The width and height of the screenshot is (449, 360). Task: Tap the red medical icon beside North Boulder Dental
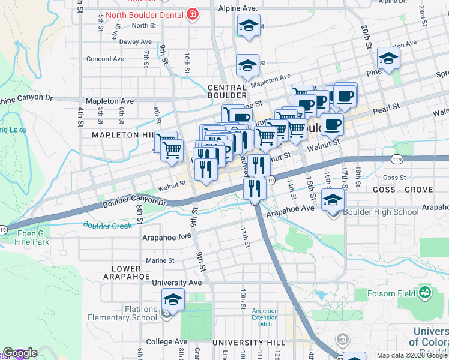pos(192,14)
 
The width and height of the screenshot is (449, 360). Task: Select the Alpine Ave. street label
pos(238,8)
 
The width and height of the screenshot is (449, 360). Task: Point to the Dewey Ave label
pos(136,42)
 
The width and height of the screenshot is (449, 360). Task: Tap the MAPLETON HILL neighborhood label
pos(123,136)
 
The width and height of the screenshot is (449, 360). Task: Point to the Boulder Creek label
pos(107,226)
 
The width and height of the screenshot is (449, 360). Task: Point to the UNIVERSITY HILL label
pos(252,342)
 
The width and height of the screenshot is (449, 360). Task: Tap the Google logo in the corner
pos(20,353)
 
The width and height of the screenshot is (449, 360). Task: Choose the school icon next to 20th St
pos(389,58)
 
